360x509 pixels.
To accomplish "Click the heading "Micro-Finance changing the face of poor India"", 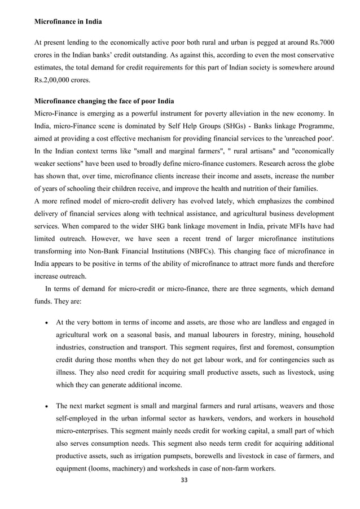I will [104, 102].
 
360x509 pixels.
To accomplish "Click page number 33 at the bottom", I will [180, 480].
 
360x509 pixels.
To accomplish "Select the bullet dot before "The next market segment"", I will [45, 406].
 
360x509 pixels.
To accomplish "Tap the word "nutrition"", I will [244, 188].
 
